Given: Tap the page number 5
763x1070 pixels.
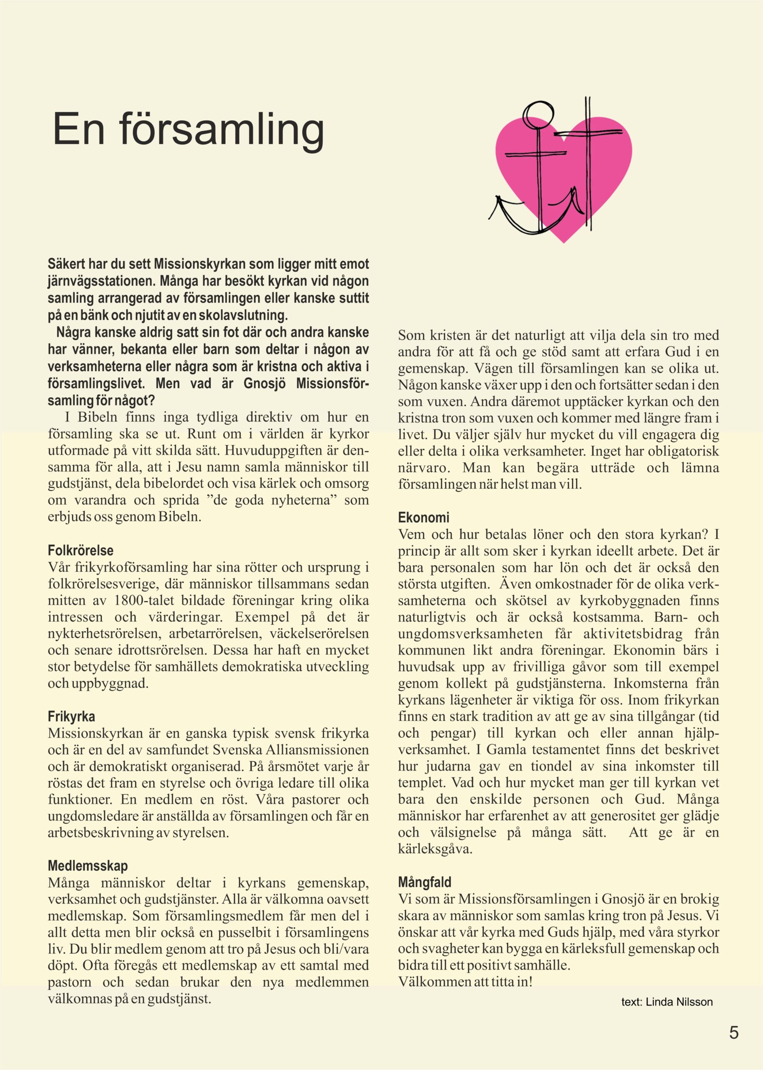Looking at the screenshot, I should (x=734, y=1032).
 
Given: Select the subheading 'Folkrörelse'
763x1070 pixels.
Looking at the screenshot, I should (x=80, y=550).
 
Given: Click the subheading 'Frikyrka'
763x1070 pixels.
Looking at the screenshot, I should (x=71, y=716).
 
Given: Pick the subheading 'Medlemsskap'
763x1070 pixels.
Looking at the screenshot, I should (x=87, y=866).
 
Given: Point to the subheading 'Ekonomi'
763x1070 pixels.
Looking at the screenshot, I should (x=424, y=517).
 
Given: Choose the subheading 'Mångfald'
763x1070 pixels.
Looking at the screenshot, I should (x=424, y=882).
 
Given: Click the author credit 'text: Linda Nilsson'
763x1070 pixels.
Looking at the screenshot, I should (x=667, y=1002).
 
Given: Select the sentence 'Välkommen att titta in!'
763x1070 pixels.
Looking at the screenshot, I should (x=465, y=982).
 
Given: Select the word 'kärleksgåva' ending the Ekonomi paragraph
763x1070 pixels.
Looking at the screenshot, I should (x=434, y=849).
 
